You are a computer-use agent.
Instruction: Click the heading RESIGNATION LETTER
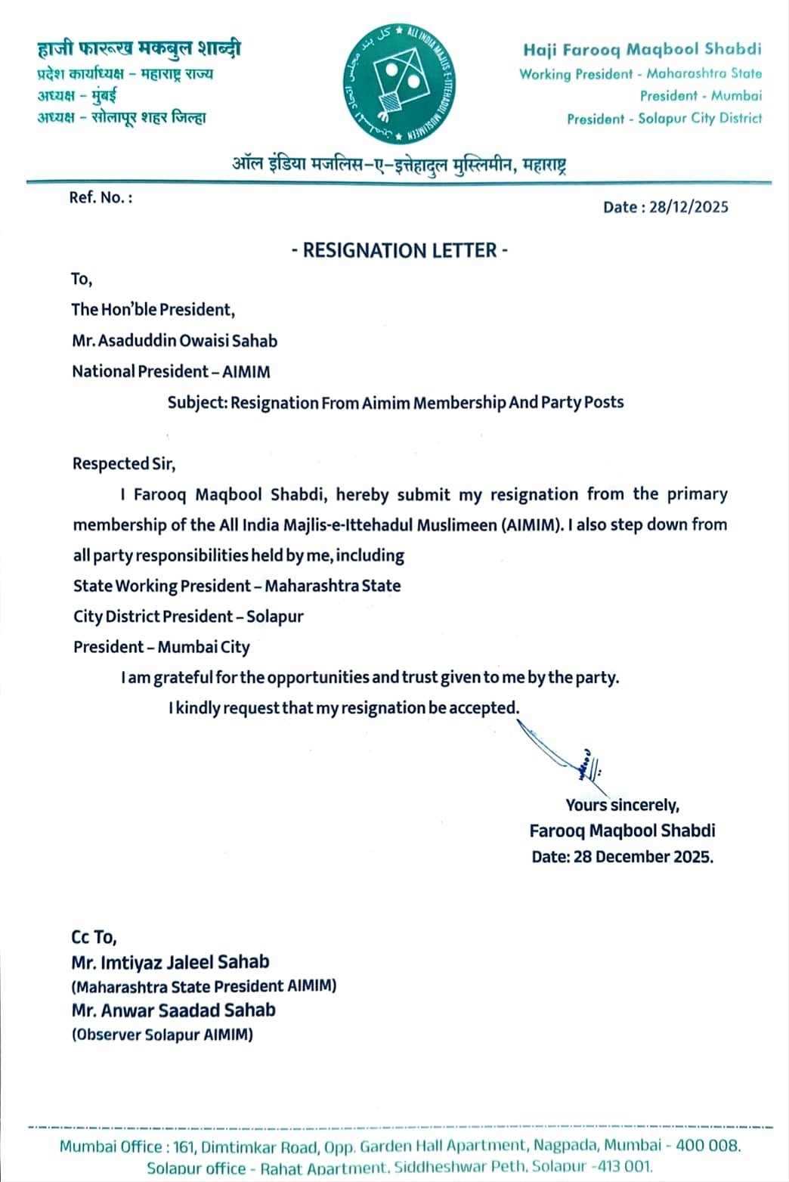(400, 250)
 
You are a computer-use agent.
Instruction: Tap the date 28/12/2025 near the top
(688, 207)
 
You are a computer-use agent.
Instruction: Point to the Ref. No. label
(101, 197)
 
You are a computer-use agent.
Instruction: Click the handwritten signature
(563, 751)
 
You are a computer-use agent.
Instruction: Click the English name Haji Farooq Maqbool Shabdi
(642, 50)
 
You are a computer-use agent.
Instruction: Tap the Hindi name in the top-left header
(139, 50)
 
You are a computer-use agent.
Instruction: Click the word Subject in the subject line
(196, 403)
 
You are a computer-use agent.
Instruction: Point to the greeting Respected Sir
(124, 463)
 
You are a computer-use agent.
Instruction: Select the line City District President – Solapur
(188, 616)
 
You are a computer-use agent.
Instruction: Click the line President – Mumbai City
(161, 647)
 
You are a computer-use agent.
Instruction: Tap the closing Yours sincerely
(622, 805)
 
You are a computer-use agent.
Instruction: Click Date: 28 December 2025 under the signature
(622, 856)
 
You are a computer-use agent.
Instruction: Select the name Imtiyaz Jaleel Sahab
(170, 962)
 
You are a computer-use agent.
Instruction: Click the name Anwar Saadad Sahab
(173, 1010)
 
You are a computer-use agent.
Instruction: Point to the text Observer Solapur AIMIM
(162, 1035)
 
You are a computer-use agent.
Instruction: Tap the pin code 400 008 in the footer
(708, 1146)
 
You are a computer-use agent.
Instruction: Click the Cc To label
(94, 938)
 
